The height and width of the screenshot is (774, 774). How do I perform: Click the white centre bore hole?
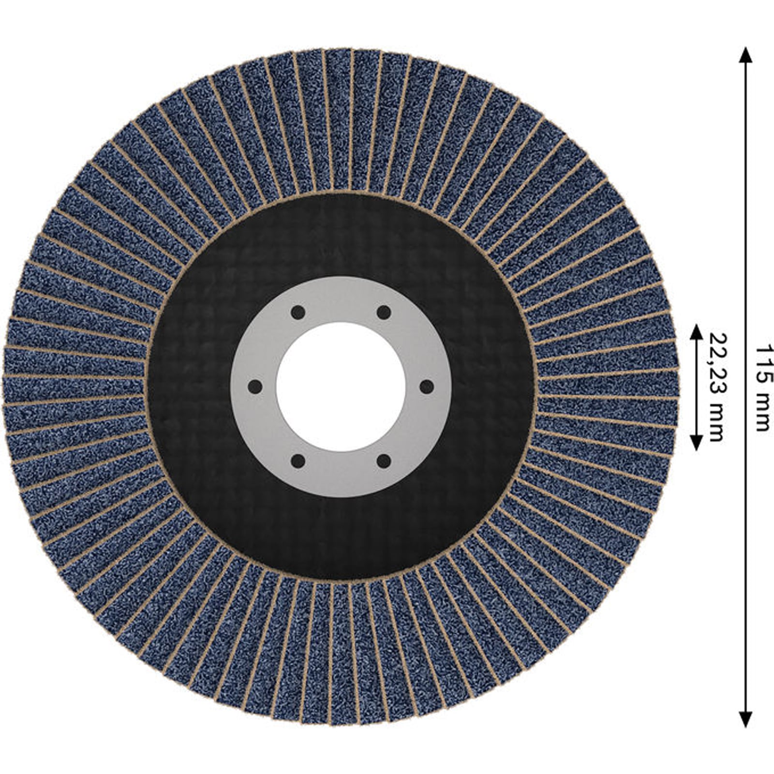tap(341, 387)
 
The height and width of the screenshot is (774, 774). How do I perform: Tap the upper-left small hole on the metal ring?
tap(298, 313)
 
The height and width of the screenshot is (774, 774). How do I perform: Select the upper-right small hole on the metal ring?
tap(384, 313)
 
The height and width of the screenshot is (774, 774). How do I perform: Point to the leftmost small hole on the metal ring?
tap(255, 387)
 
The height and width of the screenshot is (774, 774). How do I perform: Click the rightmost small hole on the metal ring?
tap(427, 387)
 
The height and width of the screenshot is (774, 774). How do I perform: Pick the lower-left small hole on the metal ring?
tap(298, 461)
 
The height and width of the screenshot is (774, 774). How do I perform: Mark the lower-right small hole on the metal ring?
tap(384, 461)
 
